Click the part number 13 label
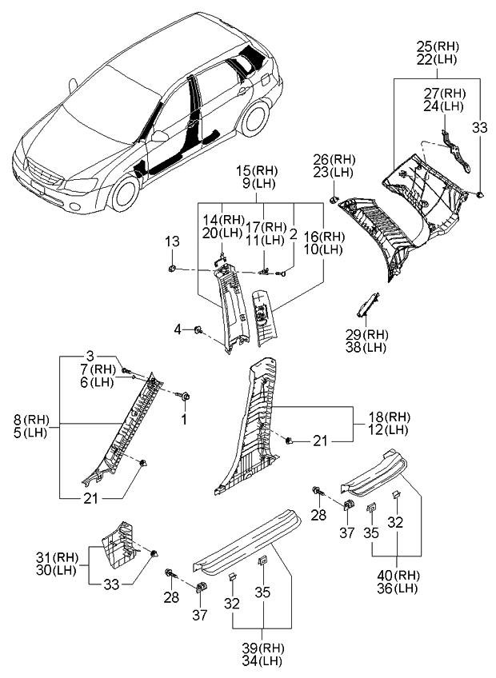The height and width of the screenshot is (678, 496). [x=172, y=242]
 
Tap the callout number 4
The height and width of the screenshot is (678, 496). [x=181, y=329]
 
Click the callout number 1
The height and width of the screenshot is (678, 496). [x=183, y=419]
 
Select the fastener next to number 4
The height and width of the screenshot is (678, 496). [x=198, y=329]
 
